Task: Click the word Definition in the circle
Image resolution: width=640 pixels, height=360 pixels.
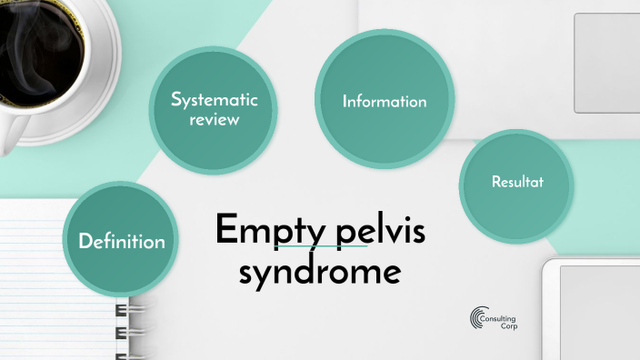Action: [122, 242]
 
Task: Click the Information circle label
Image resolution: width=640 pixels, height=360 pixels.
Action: [385, 102]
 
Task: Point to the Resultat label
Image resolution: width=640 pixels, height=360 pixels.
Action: [517, 182]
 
